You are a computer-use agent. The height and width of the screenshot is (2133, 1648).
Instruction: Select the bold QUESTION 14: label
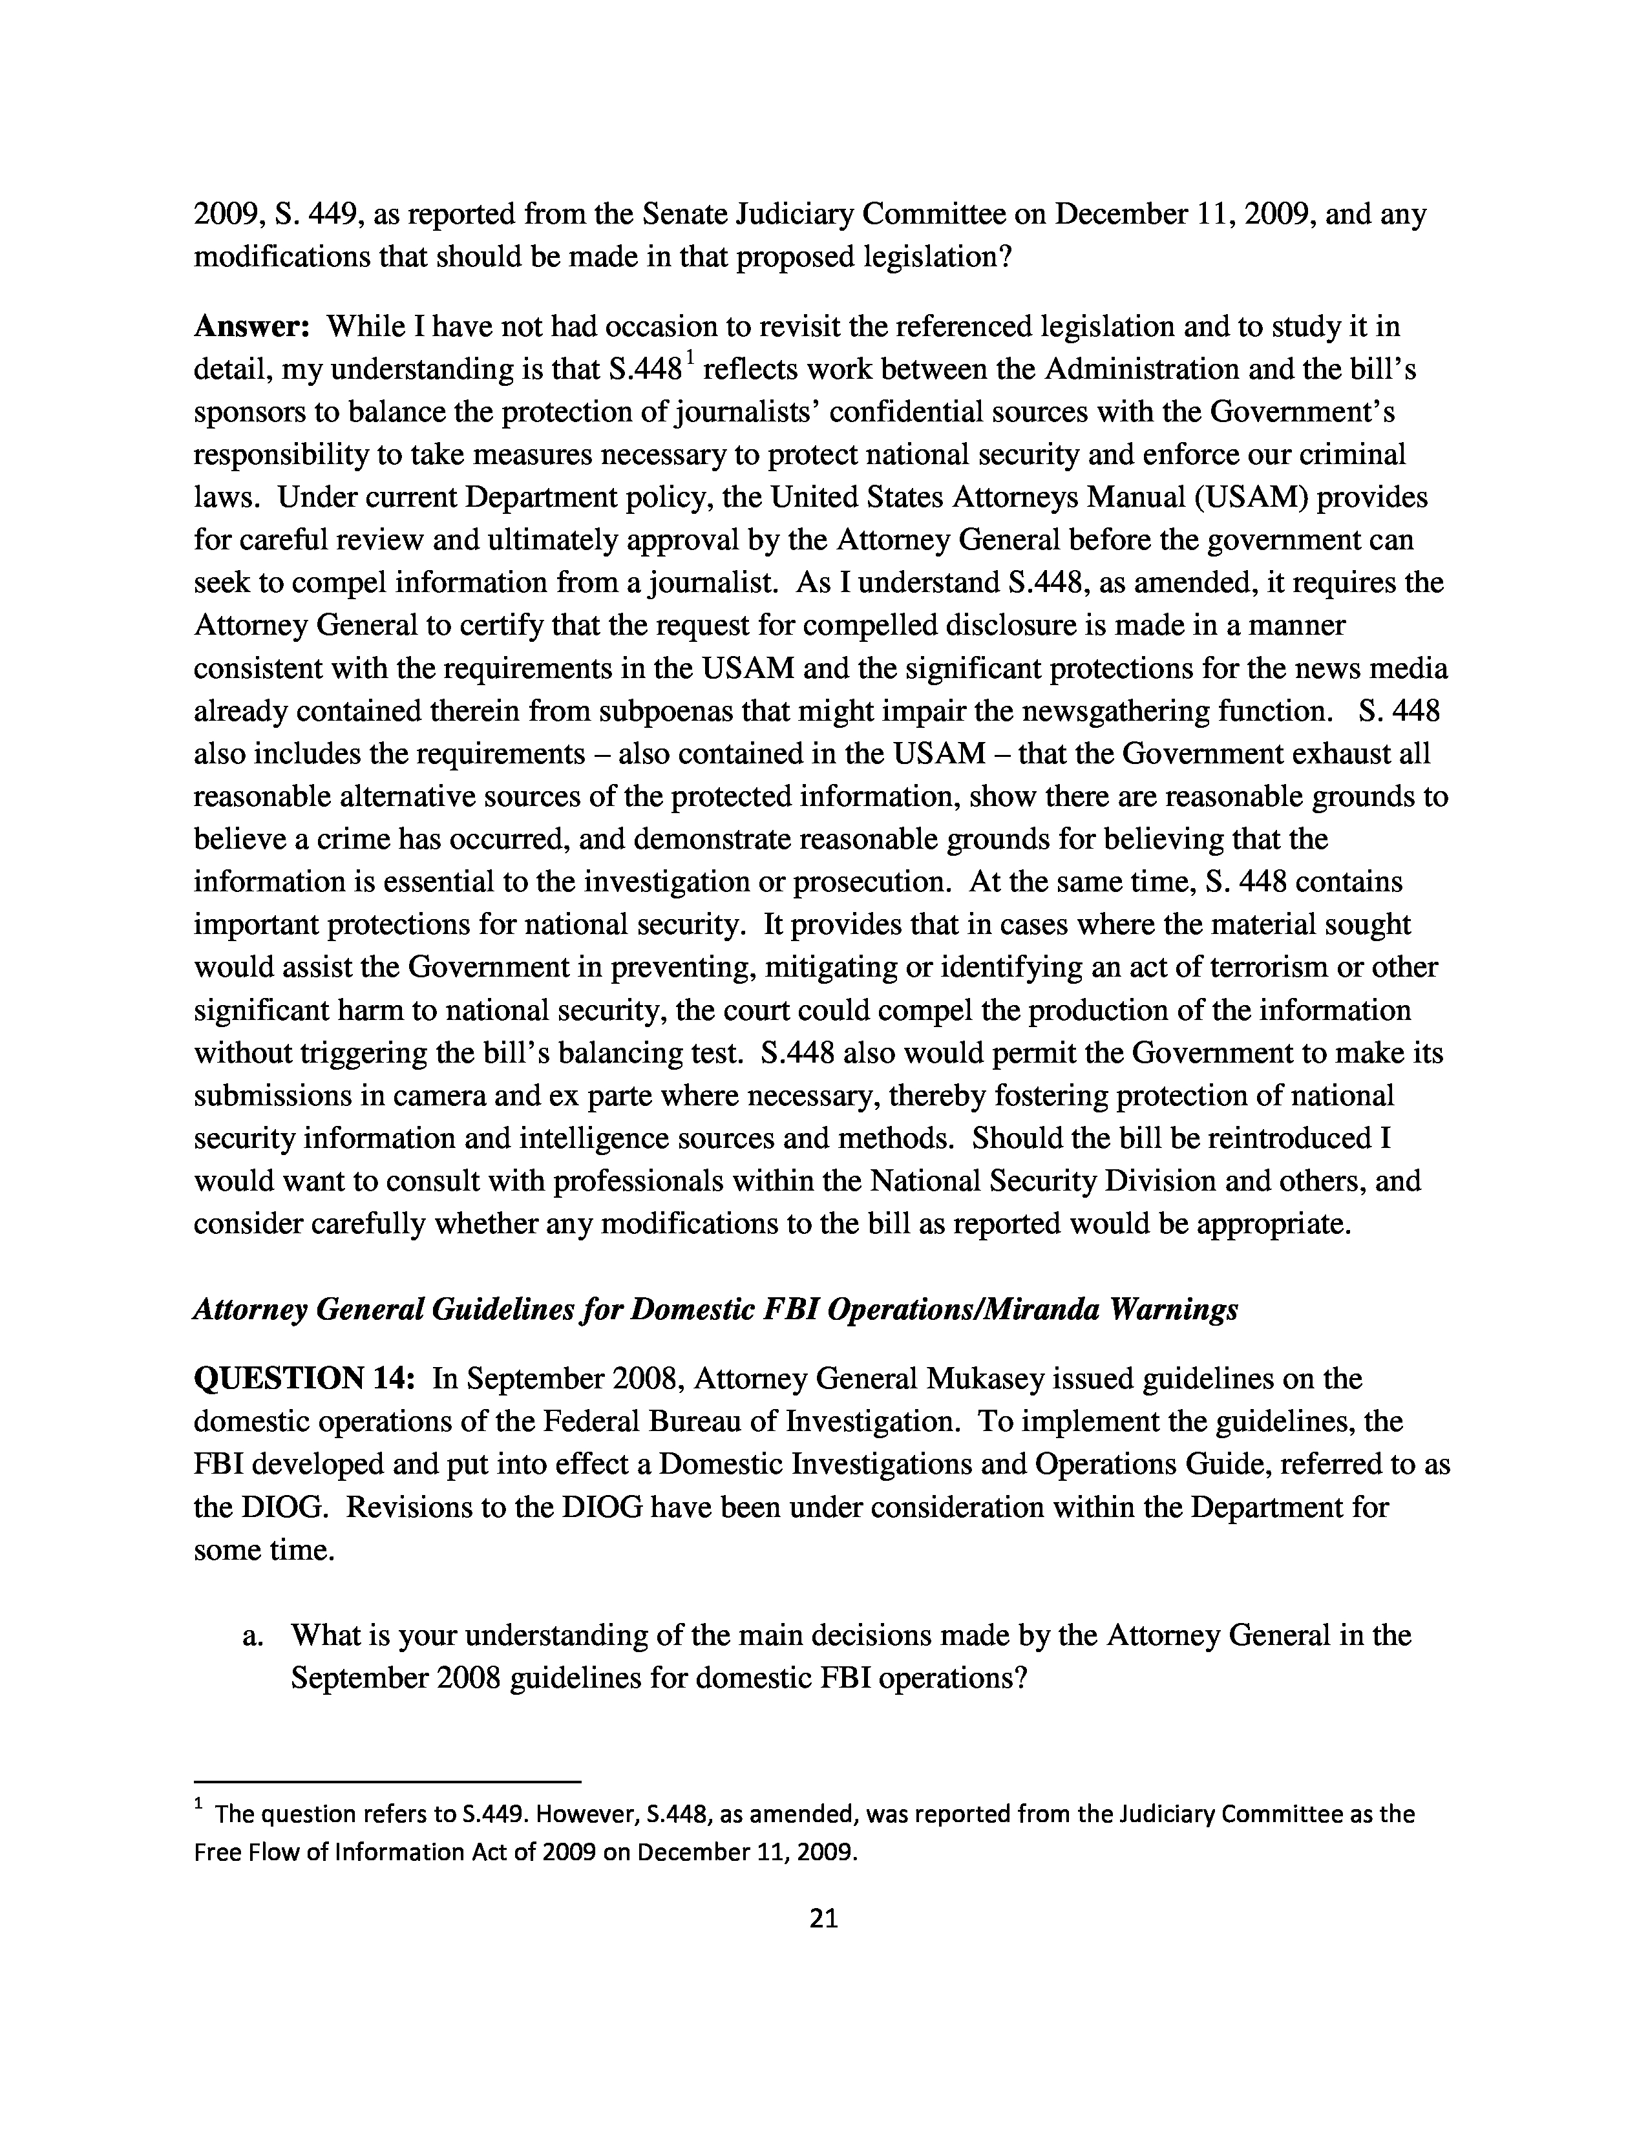tap(306, 1379)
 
